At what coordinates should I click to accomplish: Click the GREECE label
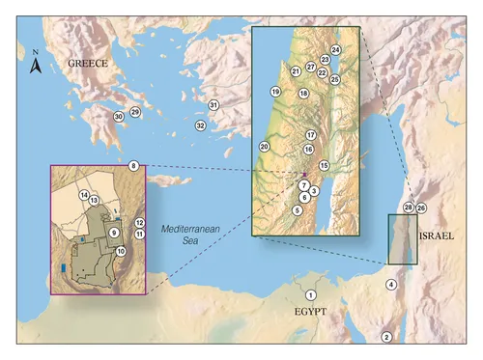[88, 64]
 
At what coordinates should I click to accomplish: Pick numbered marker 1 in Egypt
[310, 294]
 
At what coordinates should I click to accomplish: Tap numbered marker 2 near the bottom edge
[386, 336]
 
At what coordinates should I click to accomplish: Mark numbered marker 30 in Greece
[118, 116]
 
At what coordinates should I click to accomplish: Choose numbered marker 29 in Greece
[135, 113]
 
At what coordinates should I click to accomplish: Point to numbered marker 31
[214, 104]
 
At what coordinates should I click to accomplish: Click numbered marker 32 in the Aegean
[200, 125]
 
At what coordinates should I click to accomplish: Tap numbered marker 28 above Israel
[408, 208]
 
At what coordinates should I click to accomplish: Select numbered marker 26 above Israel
[421, 208]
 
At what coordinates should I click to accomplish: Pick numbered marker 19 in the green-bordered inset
[275, 92]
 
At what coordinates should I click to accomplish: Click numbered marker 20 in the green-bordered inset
[264, 146]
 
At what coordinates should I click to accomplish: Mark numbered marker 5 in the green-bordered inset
[298, 209]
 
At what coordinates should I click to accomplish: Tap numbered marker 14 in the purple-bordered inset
[84, 195]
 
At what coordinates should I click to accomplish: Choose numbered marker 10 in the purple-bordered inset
[121, 251]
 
